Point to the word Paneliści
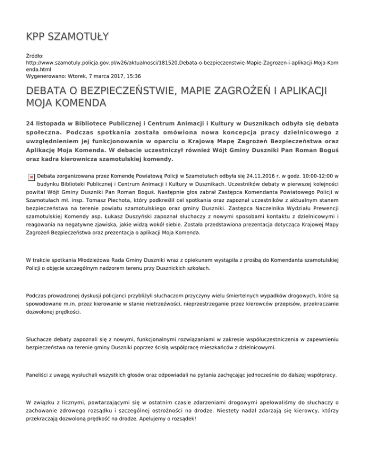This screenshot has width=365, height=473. click(x=40, y=374)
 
